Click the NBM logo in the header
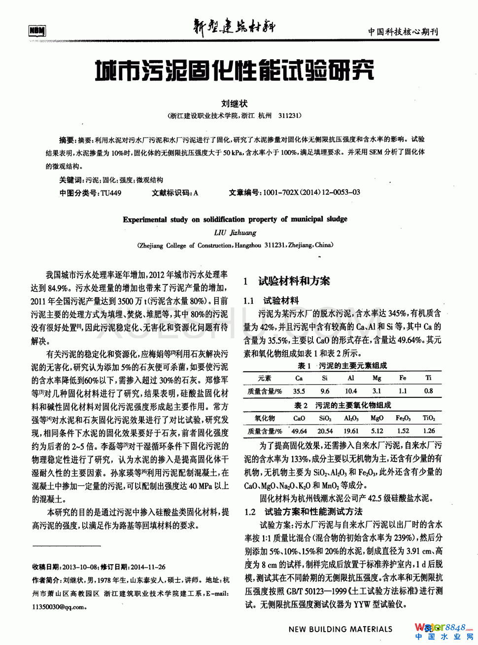pos(37,31)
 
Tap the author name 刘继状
pos(234,104)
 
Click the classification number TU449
pos(111,193)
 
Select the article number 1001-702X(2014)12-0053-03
pos(311,192)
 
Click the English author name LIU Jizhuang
pos(235,232)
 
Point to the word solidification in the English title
pos(224,219)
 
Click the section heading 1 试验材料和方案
pos(287,281)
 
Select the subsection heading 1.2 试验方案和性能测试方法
pos(304,511)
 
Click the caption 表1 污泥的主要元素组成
pos(342,365)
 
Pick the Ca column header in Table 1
pos(299,378)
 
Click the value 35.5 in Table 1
pos(299,391)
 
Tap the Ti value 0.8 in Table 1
pos(428,391)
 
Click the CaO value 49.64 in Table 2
pos(299,430)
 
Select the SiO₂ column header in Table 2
pos(325,418)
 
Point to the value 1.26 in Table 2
pos(429,430)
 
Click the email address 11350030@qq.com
pos(59,607)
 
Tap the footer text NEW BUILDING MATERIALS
pos(340,629)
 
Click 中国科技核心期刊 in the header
pos(403,32)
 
